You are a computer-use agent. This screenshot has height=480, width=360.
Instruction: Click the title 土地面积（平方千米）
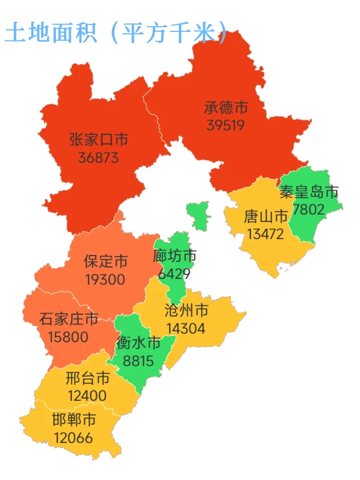tap(116, 33)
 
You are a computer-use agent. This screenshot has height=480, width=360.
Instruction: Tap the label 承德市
tap(226, 108)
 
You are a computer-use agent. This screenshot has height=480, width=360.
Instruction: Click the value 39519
tap(226, 125)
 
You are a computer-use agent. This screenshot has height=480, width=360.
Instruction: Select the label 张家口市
tap(99, 140)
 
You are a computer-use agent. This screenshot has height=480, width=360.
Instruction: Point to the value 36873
tap(99, 157)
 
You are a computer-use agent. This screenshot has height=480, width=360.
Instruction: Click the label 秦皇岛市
tap(309, 191)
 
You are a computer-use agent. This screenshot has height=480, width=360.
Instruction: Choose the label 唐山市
tap(265, 217)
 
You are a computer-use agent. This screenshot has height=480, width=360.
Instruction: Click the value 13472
tap(265, 234)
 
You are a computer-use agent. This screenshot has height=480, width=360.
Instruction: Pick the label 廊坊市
tap(175, 256)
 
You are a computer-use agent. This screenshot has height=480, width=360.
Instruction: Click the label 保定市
tap(105, 262)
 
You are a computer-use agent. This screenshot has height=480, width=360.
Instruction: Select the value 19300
tap(105, 280)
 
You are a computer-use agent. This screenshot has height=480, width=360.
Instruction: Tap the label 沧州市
tap(186, 311)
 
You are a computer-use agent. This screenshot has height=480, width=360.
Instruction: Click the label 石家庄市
tap(69, 319)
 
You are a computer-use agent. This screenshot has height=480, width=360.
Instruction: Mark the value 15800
tap(68, 337)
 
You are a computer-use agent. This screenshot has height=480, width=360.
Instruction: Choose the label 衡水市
tap(138, 343)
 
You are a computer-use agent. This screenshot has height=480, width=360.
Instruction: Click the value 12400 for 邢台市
tap(86, 396)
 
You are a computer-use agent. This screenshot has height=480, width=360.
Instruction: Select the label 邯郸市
tap(74, 421)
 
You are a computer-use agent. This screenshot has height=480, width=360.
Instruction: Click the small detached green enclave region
tap(199, 215)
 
